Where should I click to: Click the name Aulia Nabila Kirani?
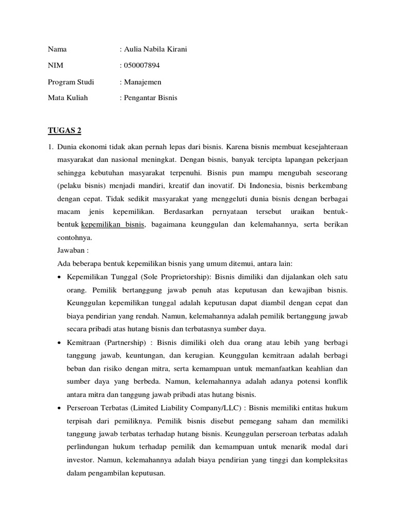coord(155,49)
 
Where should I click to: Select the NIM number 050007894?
coord(142,65)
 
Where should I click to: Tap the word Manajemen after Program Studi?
coord(142,81)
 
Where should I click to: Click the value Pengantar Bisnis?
coord(150,97)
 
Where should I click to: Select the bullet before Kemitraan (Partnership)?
coord(61,343)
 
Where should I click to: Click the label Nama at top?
coord(57,49)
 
